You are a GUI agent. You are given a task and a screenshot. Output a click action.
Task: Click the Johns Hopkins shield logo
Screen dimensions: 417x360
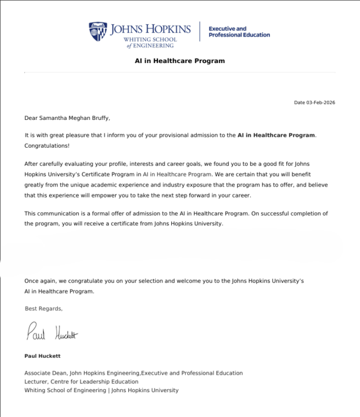point(98,31)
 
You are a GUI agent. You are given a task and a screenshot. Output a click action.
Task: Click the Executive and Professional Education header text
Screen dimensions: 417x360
point(238,31)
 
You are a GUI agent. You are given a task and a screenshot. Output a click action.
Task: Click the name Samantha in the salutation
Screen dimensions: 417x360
point(56,118)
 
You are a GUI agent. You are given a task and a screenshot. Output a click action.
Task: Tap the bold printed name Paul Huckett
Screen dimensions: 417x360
point(42,356)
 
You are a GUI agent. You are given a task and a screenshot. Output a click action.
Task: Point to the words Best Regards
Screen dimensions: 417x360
point(43,309)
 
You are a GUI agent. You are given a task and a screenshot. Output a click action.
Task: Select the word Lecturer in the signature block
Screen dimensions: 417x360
point(36,382)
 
